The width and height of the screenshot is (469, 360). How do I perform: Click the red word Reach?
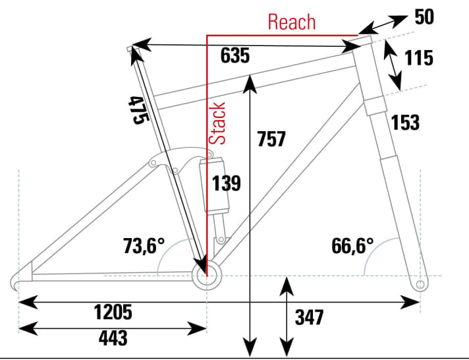click(x=291, y=22)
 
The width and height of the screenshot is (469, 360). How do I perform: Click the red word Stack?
click(x=219, y=123)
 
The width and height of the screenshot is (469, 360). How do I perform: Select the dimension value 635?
click(x=235, y=57)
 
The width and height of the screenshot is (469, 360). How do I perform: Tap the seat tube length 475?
click(x=138, y=109)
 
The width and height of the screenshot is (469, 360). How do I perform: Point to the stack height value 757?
click(x=271, y=139)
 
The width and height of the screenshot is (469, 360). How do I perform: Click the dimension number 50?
click(x=425, y=17)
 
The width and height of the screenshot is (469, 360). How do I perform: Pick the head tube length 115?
click(x=419, y=58)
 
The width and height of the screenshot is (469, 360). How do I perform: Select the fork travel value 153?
click(x=405, y=122)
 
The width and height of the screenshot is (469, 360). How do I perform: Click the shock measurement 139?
click(x=226, y=183)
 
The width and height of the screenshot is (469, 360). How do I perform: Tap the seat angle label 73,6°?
click(x=143, y=246)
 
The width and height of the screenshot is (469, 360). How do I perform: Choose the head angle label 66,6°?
click(x=352, y=246)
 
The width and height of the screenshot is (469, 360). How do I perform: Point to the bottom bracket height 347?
click(x=310, y=317)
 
